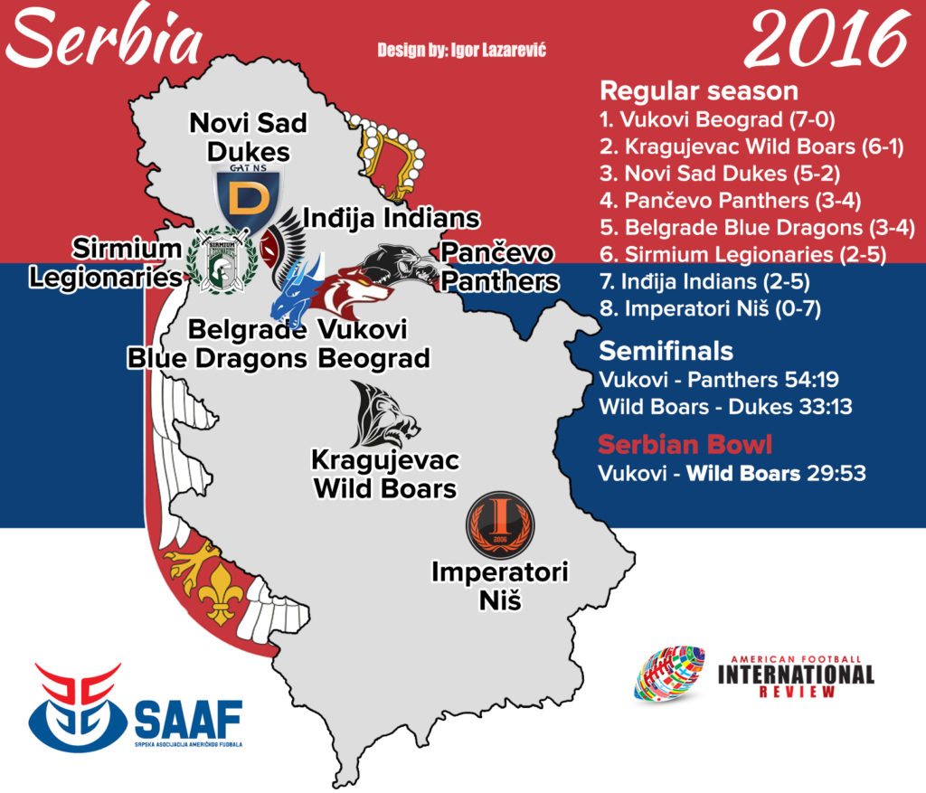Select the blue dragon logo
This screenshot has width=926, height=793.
[298, 283]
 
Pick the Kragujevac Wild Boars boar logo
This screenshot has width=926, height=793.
[384, 415]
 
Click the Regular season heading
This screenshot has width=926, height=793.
[699, 91]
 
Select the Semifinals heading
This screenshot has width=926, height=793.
[666, 351]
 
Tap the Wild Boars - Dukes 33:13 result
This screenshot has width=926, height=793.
[725, 407]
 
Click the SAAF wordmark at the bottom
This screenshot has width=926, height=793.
[188, 720]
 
